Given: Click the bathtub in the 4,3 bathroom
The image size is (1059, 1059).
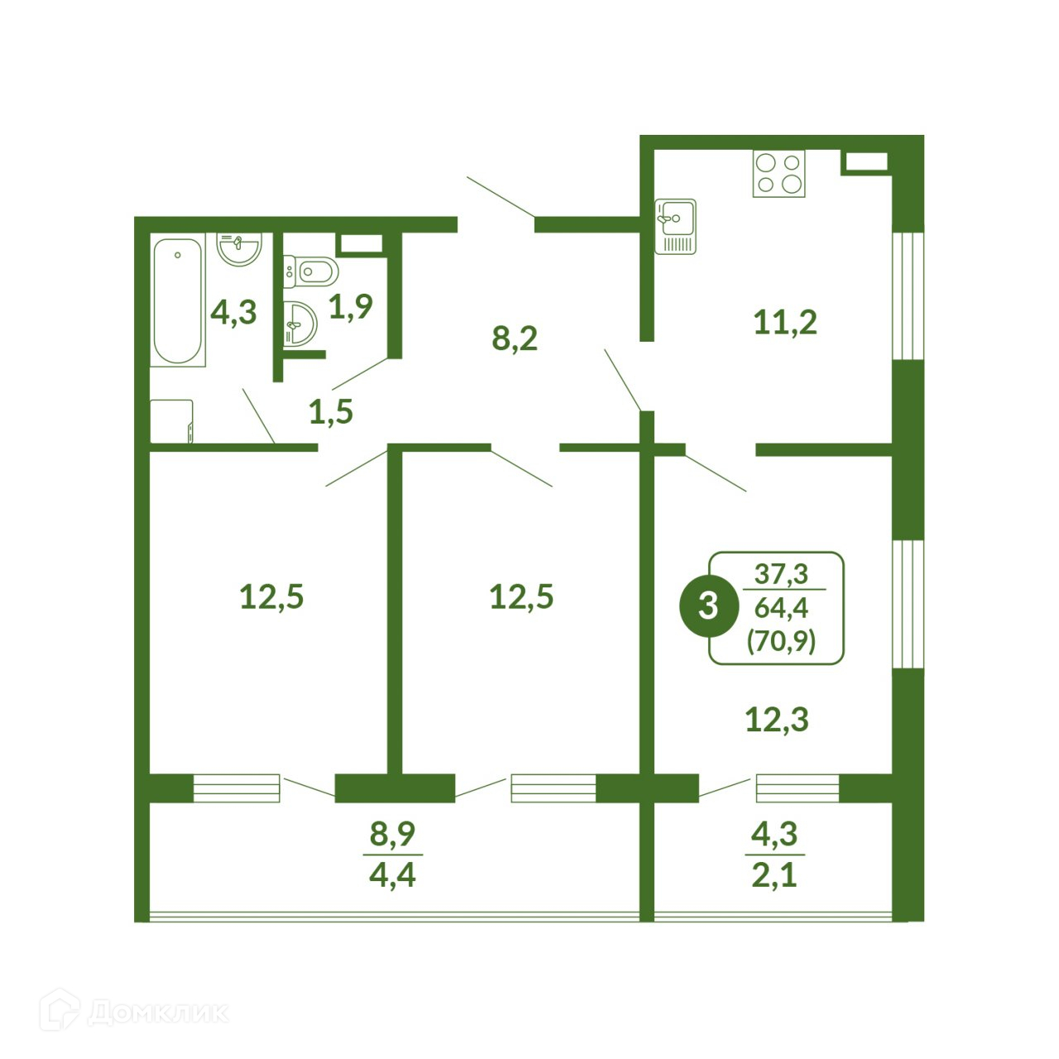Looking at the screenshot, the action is click(x=178, y=300).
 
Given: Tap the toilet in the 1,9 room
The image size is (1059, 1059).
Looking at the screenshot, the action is click(x=310, y=271).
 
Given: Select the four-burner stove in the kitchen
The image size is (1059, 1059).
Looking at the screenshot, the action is click(x=779, y=173).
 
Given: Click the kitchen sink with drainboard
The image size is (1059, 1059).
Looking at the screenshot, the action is click(x=675, y=227).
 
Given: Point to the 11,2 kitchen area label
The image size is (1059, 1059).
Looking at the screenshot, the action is click(x=785, y=323).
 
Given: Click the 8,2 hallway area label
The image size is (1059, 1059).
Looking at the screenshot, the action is click(x=515, y=338).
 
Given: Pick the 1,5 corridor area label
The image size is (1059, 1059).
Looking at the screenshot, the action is click(x=331, y=412).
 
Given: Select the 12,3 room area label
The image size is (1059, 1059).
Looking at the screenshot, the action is click(x=777, y=720).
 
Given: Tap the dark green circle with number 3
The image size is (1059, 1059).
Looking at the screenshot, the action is click(x=708, y=606).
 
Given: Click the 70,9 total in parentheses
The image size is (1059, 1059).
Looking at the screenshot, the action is click(x=780, y=641).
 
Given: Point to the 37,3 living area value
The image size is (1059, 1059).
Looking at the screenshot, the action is click(x=781, y=573).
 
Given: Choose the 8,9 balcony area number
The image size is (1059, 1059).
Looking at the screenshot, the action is click(x=392, y=834).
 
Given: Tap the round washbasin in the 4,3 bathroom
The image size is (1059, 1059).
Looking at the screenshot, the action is click(x=239, y=249).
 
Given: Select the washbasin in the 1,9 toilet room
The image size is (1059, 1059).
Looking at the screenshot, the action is click(x=300, y=323).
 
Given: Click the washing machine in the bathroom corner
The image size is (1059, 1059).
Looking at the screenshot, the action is click(x=171, y=421).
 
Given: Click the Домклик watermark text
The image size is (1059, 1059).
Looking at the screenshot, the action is click(x=158, y=1027).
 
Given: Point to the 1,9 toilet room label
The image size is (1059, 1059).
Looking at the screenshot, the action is click(x=351, y=307).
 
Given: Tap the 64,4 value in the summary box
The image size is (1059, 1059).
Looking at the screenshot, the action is click(x=781, y=608).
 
